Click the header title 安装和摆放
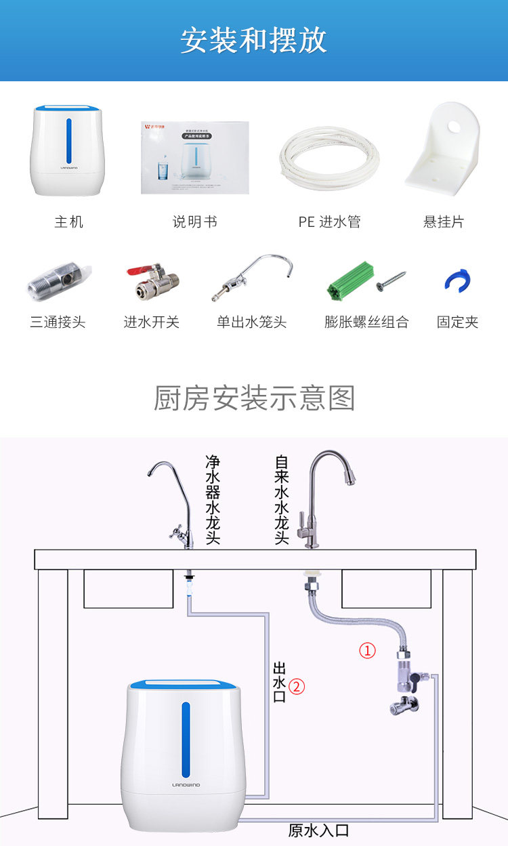click(x=254, y=41)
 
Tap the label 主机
click(x=68, y=221)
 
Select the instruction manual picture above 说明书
click(x=195, y=158)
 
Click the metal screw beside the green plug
click(x=391, y=280)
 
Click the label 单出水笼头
click(x=251, y=322)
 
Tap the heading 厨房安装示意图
click(x=254, y=398)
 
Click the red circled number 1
click(x=366, y=651)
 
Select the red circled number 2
click(x=297, y=686)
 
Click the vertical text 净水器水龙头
click(x=213, y=499)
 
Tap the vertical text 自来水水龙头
click(x=282, y=499)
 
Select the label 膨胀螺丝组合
click(x=366, y=322)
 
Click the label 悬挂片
click(x=444, y=221)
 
